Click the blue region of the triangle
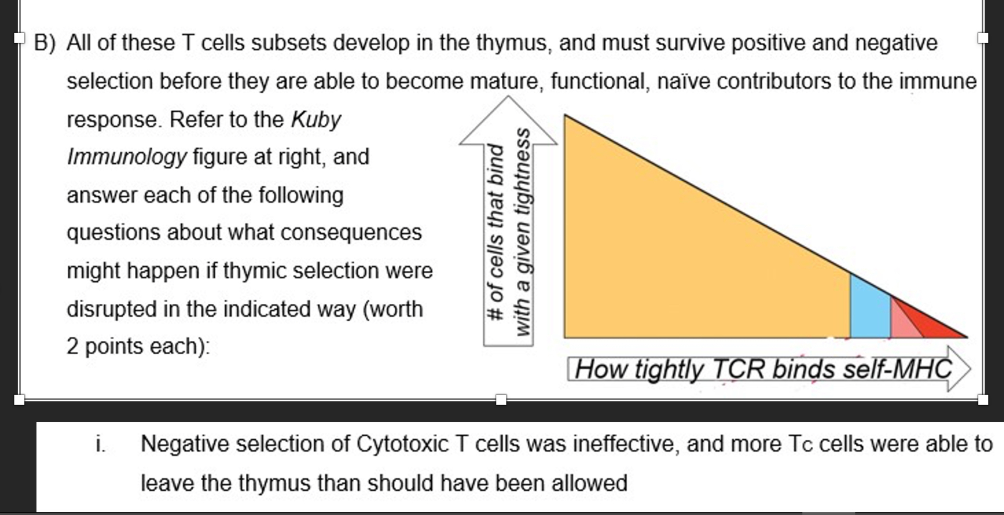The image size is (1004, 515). (870, 312)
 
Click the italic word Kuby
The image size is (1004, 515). (316, 119)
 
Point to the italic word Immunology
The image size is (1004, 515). (127, 157)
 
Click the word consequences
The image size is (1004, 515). (351, 233)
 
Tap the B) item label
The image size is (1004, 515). (45, 43)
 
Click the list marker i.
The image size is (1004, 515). (100, 444)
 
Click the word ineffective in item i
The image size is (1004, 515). (626, 444)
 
